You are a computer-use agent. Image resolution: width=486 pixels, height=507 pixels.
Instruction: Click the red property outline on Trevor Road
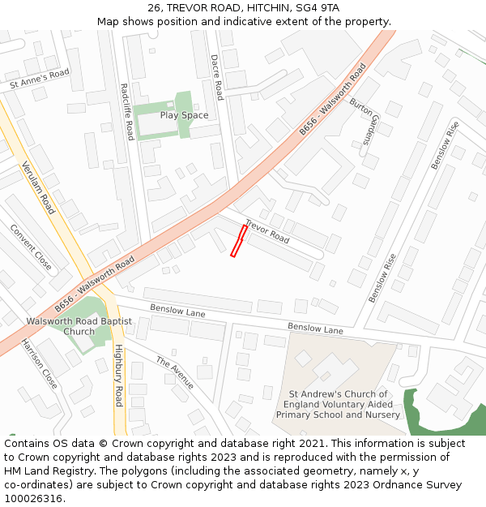click(239, 242)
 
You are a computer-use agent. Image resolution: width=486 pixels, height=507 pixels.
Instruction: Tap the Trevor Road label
click(267, 231)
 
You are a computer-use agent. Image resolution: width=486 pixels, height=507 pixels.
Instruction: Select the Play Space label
click(184, 115)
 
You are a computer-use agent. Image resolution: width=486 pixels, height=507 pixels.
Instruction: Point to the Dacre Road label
click(216, 78)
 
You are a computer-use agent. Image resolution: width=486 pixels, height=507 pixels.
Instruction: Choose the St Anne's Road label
click(40, 79)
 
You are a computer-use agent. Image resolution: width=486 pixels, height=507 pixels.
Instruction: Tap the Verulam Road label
click(38, 187)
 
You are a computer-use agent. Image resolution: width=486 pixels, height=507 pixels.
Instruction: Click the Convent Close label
click(31, 247)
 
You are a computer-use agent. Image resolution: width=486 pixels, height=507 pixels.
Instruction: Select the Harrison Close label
click(40, 364)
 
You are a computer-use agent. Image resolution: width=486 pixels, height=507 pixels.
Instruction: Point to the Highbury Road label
click(118, 376)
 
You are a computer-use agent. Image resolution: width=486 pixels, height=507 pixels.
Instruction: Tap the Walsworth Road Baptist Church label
click(79, 326)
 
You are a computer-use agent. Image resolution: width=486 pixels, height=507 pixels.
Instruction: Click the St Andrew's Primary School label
click(338, 405)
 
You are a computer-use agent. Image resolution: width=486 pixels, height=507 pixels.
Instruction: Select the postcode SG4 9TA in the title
click(316, 8)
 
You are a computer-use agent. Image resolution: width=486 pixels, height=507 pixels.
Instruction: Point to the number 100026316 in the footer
click(33, 499)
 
